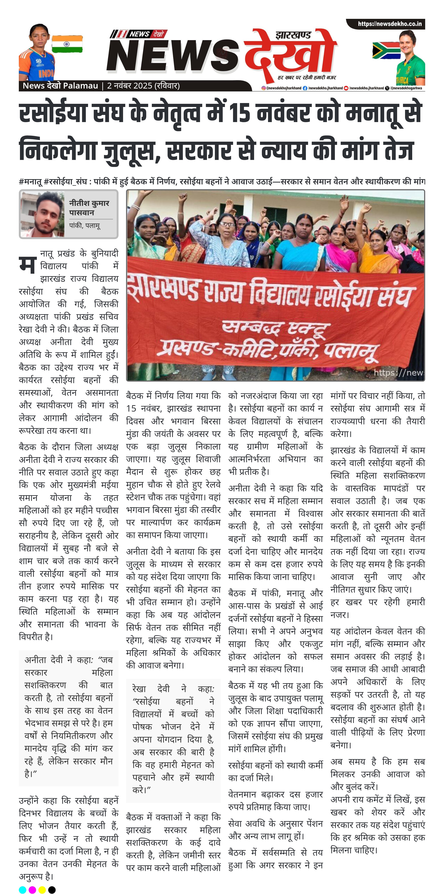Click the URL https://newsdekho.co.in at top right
390,24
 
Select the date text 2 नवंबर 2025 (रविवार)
143,86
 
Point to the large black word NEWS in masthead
173,56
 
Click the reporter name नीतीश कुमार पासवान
89,208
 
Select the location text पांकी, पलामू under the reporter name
85,226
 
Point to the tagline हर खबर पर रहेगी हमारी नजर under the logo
306,77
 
